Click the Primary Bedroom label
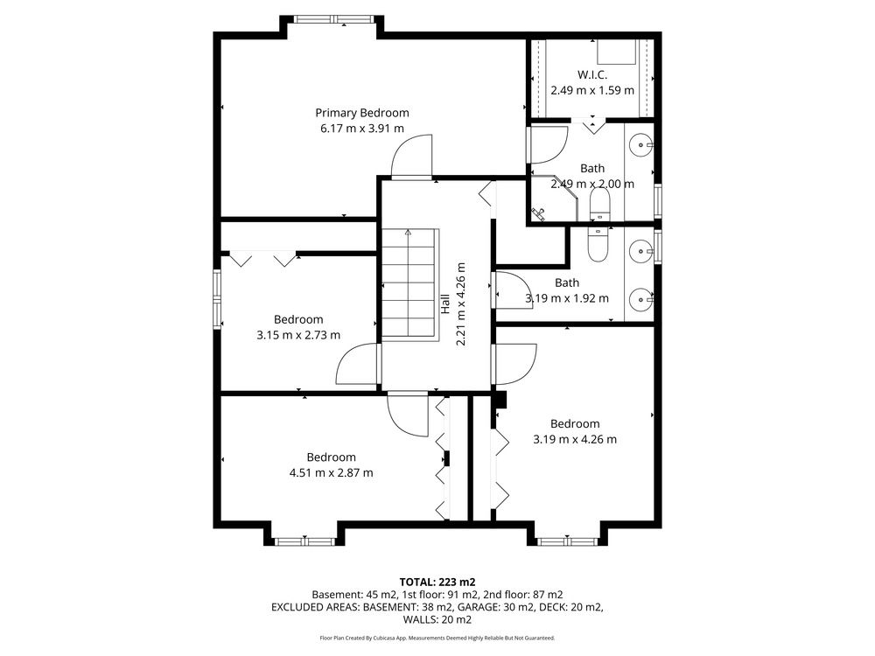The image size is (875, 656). [x=362, y=113]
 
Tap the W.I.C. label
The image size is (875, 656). [x=592, y=74]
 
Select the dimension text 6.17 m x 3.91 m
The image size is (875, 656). [x=362, y=129]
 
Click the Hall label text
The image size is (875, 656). [x=445, y=304]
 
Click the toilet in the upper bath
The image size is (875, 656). [x=600, y=204]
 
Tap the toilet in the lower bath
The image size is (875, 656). [x=598, y=244]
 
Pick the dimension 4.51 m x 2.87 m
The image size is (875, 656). [x=331, y=473]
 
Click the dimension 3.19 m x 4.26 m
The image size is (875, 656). [x=575, y=440]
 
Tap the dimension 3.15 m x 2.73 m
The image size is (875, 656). [x=298, y=335]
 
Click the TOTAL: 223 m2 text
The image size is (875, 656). [x=437, y=583]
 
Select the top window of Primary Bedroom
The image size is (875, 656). [x=333, y=19]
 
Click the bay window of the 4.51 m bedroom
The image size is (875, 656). [x=304, y=541]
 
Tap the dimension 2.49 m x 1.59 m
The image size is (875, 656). [x=592, y=90]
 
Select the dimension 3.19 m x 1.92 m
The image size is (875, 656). [x=567, y=298]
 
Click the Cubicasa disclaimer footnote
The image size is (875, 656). [x=437, y=638]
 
